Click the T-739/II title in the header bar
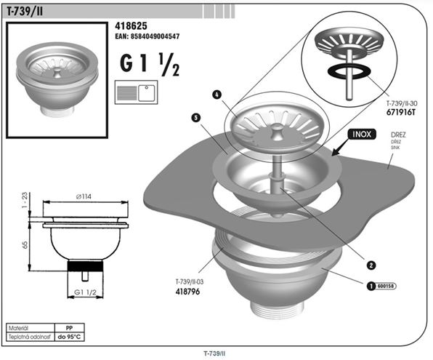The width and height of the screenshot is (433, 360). click(25, 12)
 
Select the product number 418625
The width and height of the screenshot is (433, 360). click(131, 26)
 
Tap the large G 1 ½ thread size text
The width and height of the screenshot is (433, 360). click(150, 64)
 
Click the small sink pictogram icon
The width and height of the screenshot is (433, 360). click(136, 92)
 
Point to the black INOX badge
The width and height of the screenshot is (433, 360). click(362, 135)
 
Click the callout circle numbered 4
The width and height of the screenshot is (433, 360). click(217, 95)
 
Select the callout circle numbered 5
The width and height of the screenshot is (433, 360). click(195, 118)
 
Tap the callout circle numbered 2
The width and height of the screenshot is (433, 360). click(371, 265)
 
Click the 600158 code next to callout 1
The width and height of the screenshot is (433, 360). click(386, 286)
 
